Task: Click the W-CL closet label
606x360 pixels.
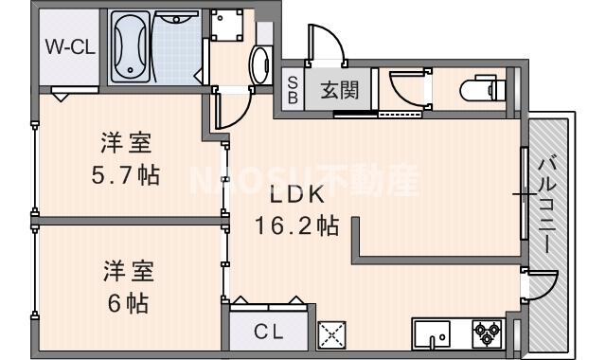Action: [x=67, y=48]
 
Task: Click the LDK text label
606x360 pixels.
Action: [x=296, y=195]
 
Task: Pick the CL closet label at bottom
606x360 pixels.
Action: [x=268, y=332]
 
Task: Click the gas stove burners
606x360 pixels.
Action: [x=490, y=333]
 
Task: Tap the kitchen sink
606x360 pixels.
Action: [x=437, y=333]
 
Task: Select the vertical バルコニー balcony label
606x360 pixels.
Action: [x=547, y=205]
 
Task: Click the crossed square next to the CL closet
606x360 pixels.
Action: [x=333, y=333]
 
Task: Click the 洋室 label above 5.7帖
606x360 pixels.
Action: [x=127, y=145]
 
